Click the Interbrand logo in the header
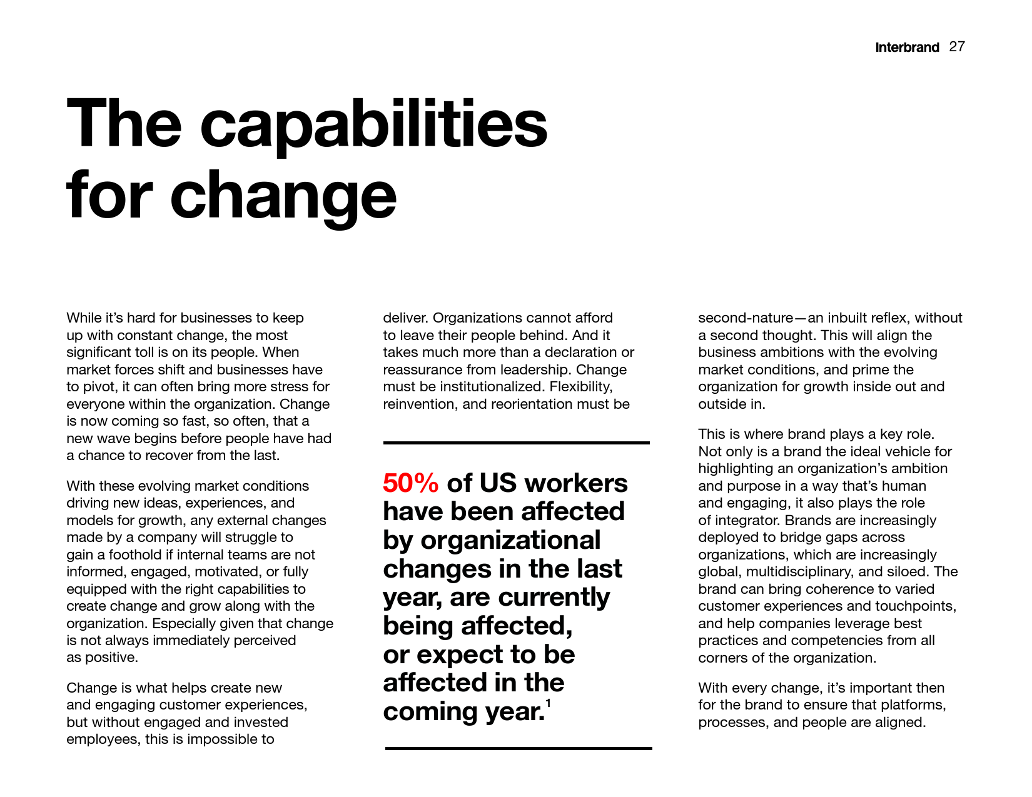(x=907, y=48)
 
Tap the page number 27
(x=957, y=47)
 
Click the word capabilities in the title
(x=373, y=125)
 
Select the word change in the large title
(x=283, y=196)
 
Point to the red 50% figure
(x=411, y=483)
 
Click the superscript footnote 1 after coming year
(x=548, y=703)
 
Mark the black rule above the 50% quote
(x=516, y=443)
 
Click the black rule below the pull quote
(x=518, y=748)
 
